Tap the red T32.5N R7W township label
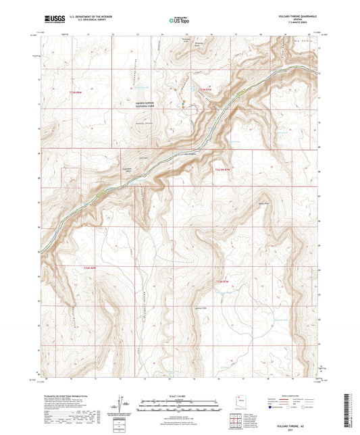click(x=222, y=169)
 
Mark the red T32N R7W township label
click(x=223, y=280)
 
